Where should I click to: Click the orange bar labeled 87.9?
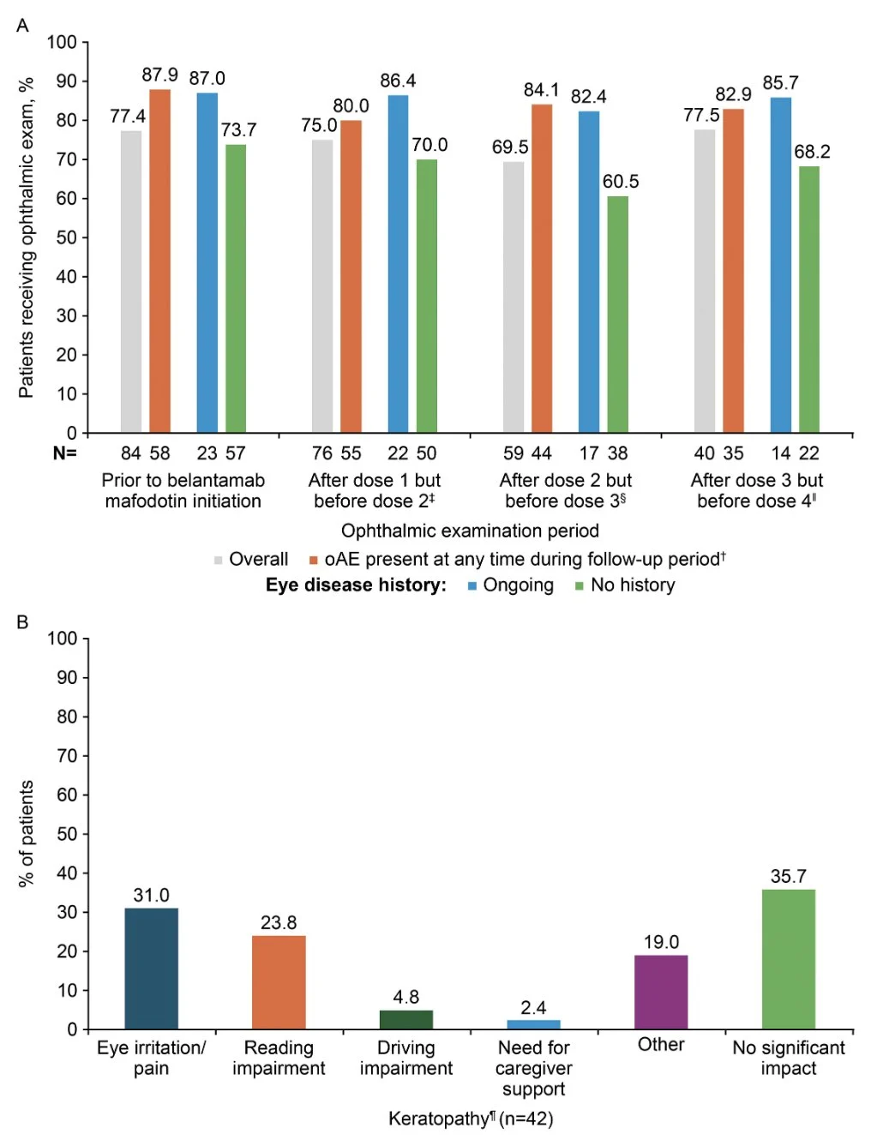159,261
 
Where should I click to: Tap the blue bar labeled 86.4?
398,263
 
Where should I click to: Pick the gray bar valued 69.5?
514,297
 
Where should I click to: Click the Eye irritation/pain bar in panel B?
151,968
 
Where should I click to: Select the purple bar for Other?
660,992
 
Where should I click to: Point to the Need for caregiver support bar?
533,1024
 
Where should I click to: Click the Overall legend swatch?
219,561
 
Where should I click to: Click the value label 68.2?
812,152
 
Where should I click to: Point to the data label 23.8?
279,922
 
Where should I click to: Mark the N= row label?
64,453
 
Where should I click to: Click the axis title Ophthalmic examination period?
470,531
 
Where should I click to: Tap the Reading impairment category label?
279,1058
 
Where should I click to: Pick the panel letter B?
22,622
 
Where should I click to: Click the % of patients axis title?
27,833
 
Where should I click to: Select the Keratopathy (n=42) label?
470,1119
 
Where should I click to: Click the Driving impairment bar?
405,1019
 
